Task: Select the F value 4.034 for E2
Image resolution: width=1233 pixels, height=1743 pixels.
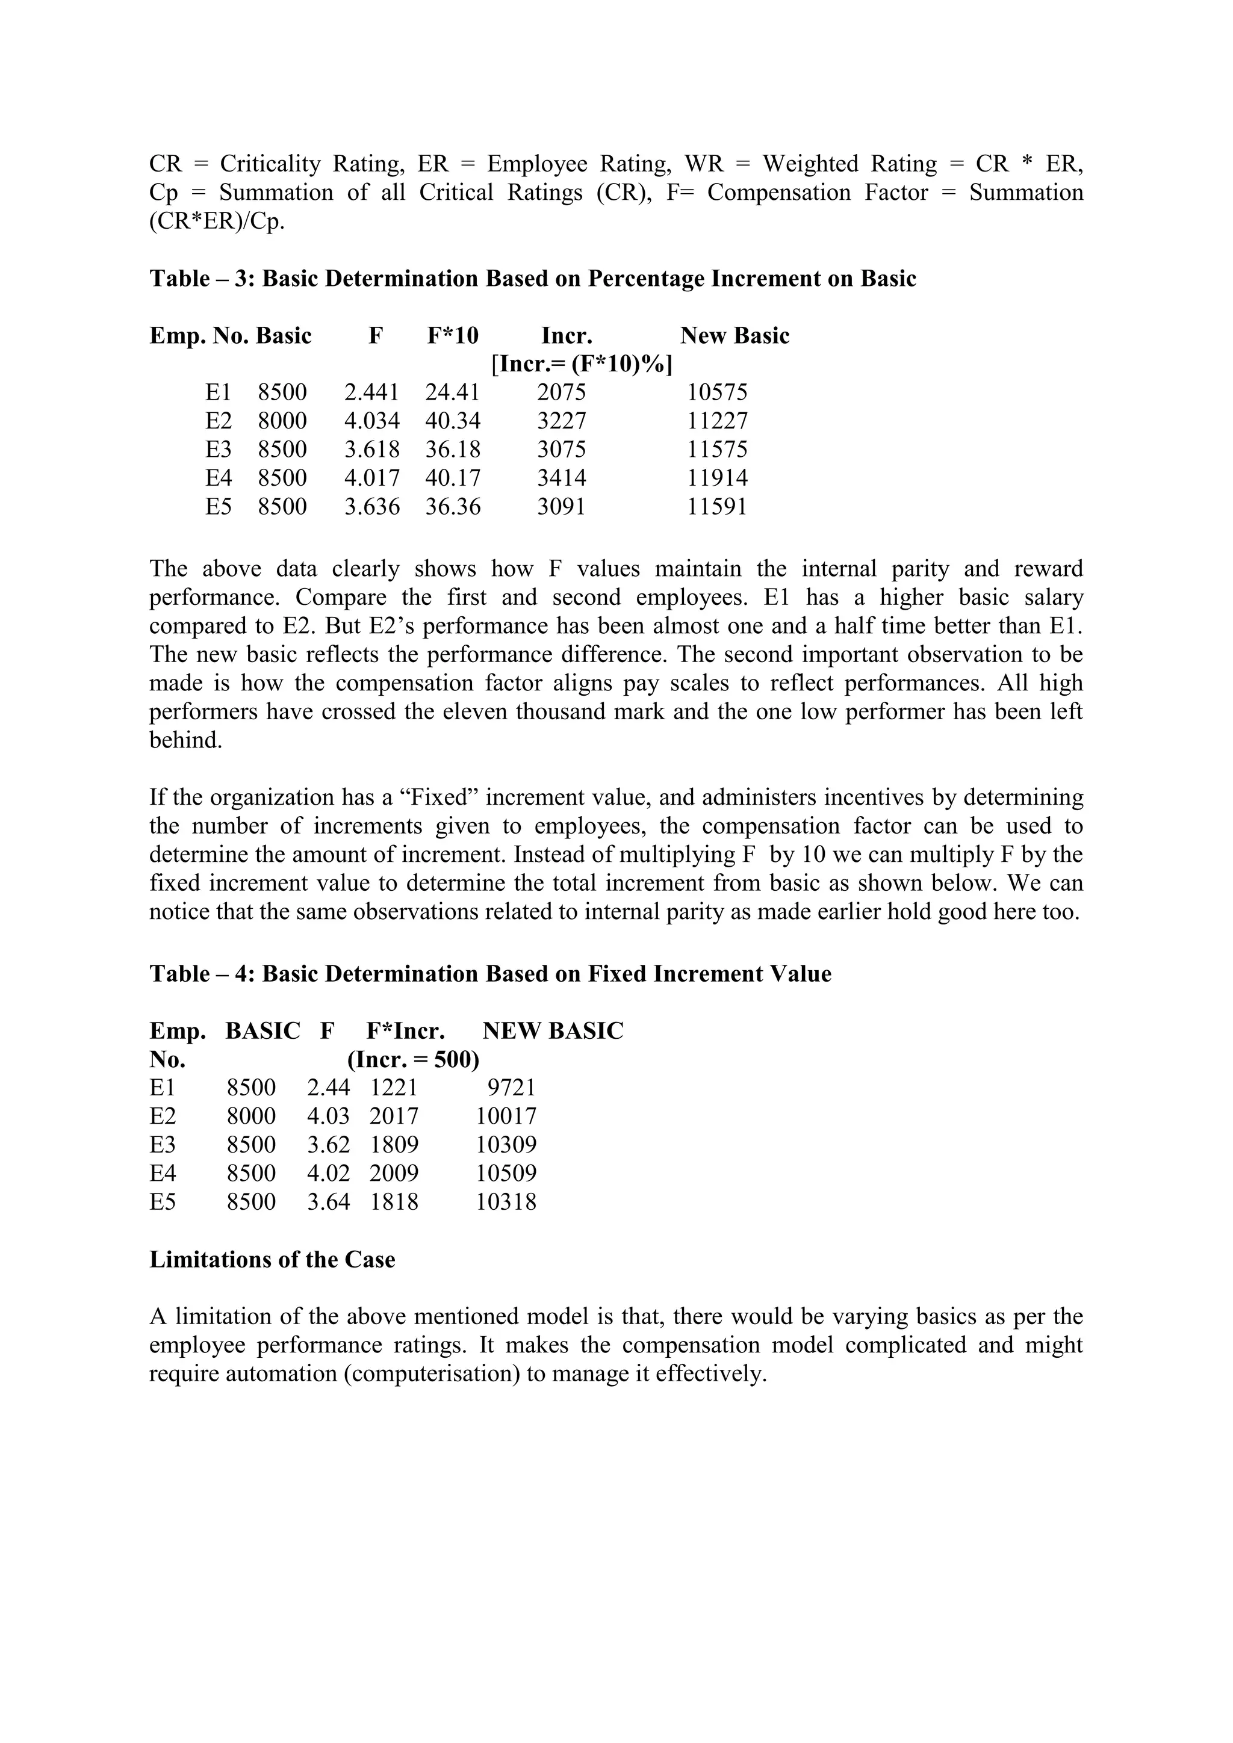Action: (x=371, y=421)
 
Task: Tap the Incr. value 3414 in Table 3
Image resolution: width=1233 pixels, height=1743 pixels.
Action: (x=561, y=478)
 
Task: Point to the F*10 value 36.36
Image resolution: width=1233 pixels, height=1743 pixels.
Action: (x=453, y=506)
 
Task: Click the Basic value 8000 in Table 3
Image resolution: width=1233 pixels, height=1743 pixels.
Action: (x=282, y=421)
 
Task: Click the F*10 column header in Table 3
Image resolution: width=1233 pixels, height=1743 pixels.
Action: (x=453, y=336)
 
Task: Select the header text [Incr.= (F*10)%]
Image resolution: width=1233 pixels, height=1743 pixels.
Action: (x=582, y=364)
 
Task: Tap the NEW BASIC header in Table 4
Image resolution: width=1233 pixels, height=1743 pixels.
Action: (x=552, y=1031)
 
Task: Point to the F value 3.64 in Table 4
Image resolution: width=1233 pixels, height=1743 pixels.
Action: (x=328, y=1202)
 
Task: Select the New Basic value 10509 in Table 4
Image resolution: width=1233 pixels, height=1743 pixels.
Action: (x=506, y=1174)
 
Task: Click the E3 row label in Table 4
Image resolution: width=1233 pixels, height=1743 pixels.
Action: (x=163, y=1145)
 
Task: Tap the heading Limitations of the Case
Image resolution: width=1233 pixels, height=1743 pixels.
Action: (x=272, y=1260)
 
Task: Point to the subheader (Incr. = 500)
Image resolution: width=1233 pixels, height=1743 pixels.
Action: (x=413, y=1059)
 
